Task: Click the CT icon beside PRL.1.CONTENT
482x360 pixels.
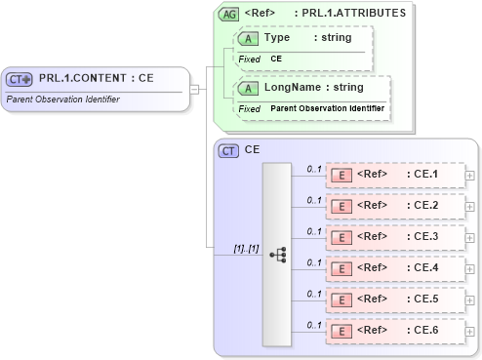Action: [20, 79]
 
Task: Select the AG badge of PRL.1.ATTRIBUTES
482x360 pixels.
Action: [228, 15]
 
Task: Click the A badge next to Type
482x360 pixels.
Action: [249, 37]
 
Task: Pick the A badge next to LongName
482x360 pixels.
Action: [249, 88]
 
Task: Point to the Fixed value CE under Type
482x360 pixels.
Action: [276, 59]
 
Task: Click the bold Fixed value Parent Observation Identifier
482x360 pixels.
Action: [328, 108]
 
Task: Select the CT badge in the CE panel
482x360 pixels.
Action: [228, 150]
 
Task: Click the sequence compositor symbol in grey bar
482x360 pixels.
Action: [277, 253]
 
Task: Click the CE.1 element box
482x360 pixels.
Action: [395, 176]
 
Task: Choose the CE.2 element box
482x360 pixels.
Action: [395, 206]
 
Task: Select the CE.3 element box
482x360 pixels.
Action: [395, 237]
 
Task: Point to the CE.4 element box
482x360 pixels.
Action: [395, 267]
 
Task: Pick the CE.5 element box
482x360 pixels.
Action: [395, 299]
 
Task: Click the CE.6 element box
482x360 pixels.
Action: [395, 330]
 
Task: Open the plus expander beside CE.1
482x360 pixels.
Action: [471, 176]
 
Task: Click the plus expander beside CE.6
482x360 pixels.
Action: [471, 330]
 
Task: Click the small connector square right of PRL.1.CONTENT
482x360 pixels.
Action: [194, 90]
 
